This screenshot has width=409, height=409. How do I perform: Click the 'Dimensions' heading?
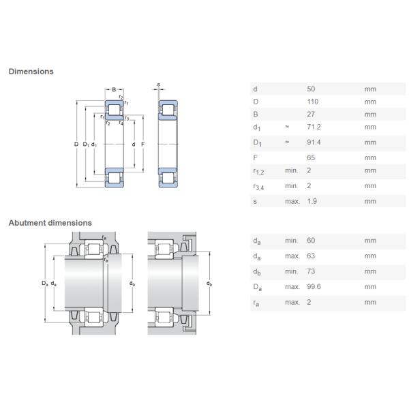click(x=31, y=72)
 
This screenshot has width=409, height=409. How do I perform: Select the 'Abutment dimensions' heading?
click(x=50, y=223)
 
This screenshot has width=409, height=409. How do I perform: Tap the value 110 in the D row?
click(x=312, y=102)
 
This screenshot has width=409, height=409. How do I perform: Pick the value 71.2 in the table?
click(x=314, y=127)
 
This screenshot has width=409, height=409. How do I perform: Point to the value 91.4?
click(x=314, y=142)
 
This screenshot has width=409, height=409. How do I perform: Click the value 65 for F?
click(x=311, y=158)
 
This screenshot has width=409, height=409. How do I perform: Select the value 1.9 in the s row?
click(x=312, y=201)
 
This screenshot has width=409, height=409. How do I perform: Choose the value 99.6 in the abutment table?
click(x=314, y=287)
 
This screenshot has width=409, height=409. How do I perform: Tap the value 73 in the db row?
click(x=311, y=271)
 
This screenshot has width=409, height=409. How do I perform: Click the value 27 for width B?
click(x=311, y=115)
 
